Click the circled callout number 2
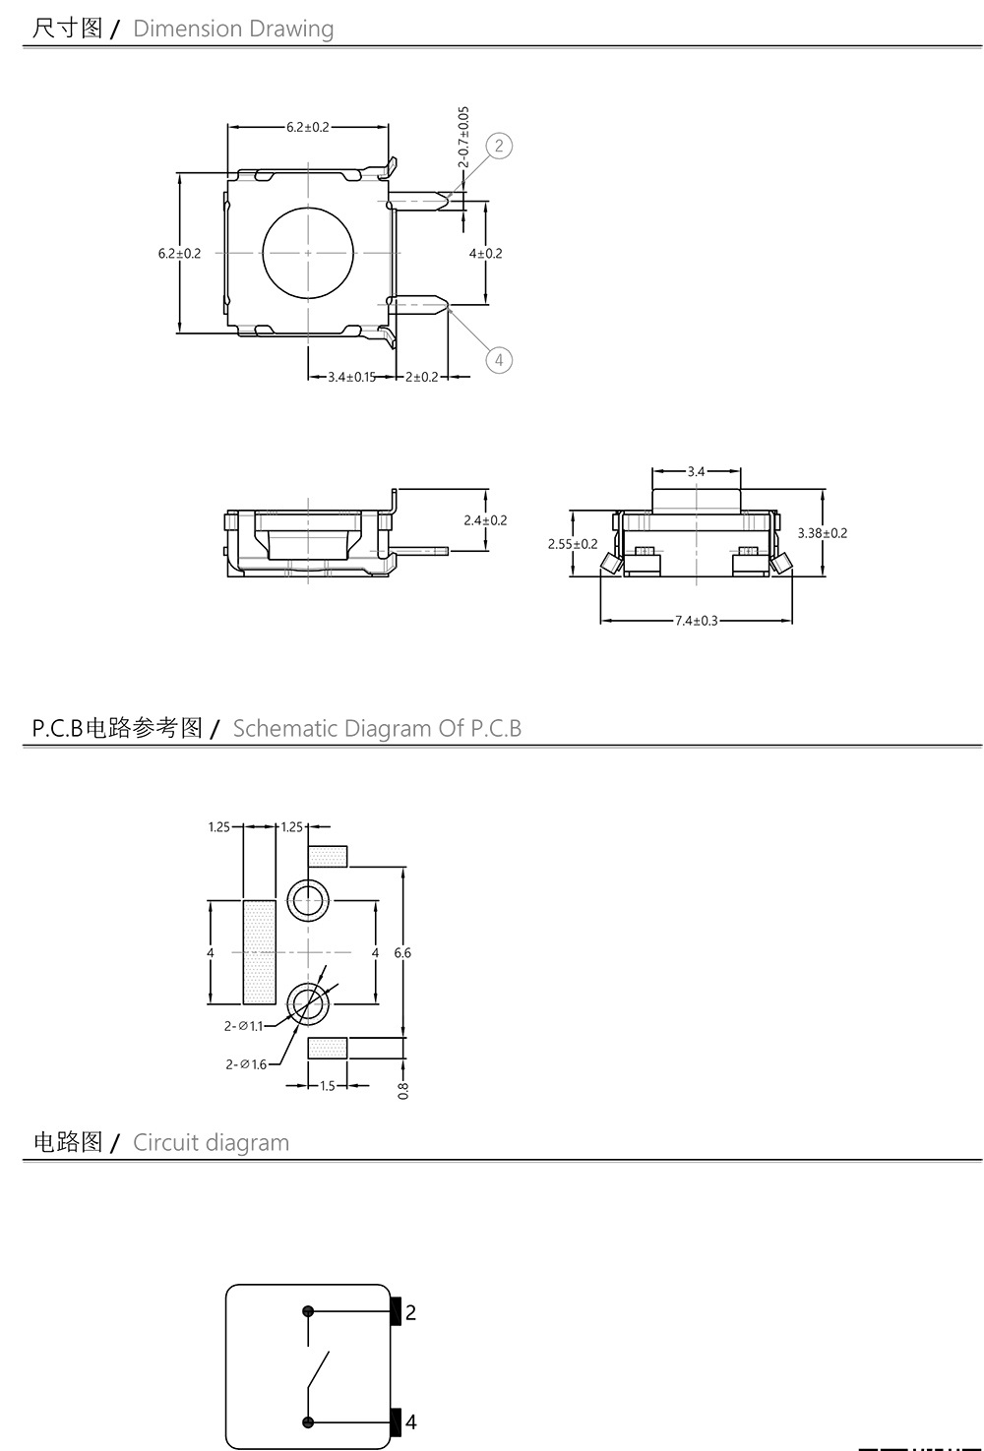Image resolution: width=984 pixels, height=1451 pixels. point(499,147)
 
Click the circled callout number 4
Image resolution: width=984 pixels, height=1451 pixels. point(499,360)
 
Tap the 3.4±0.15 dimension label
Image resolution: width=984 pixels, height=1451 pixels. point(351,377)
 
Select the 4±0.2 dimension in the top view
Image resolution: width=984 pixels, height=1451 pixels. point(485,253)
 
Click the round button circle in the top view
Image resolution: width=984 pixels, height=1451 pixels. point(308,253)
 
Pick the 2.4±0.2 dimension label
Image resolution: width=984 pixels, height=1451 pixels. point(485,520)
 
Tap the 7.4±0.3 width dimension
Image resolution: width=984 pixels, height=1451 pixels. point(696,621)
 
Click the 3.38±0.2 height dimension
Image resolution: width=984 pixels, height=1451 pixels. point(822,533)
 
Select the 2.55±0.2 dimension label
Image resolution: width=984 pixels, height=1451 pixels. point(573,544)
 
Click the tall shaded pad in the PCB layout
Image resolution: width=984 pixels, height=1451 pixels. point(259,952)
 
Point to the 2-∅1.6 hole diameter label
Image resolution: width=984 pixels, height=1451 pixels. point(246,1063)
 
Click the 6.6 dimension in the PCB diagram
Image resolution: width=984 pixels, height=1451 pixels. point(402,952)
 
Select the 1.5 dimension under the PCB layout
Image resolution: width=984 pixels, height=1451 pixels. point(328,1086)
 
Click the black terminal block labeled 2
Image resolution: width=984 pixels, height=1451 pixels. point(397,1311)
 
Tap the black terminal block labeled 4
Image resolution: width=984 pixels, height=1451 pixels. point(397,1421)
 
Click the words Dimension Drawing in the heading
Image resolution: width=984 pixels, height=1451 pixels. point(233,29)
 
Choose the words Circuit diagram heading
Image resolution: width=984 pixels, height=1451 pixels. point(211,1143)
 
